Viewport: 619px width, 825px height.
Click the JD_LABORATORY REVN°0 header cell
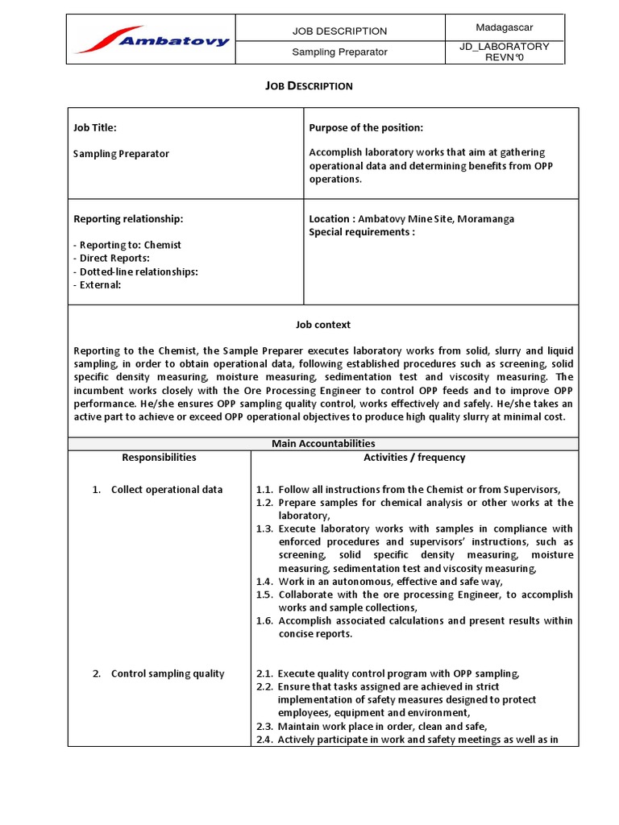point(505,52)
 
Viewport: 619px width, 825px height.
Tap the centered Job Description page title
point(309,85)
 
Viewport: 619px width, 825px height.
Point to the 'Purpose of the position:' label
point(366,127)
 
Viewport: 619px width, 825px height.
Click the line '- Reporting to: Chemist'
point(127,245)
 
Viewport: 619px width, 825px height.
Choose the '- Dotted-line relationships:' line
point(135,272)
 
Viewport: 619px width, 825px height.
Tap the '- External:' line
point(98,284)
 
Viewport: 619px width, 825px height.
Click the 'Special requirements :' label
point(362,232)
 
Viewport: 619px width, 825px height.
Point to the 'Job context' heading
point(322,325)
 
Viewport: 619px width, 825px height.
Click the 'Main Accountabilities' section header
point(322,443)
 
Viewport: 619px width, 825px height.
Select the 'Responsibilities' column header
point(159,457)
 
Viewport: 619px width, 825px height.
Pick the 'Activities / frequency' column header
point(414,457)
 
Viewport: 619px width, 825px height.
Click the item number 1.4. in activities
point(265,581)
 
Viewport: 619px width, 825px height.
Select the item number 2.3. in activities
point(265,727)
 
